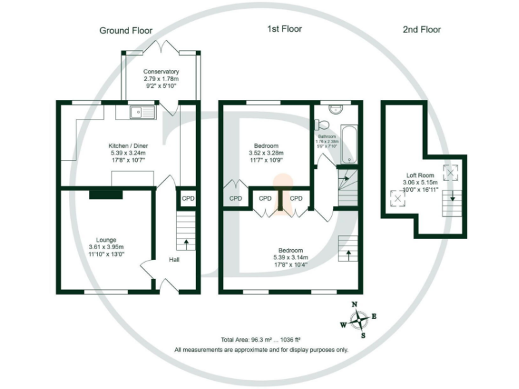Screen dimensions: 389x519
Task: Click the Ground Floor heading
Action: pos(126,30)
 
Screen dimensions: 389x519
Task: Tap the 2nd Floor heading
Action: pos(421,29)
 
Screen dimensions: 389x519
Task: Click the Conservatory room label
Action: pos(161,72)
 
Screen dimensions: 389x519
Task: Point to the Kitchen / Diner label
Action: pos(128,145)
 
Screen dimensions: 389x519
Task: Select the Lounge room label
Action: pos(105,240)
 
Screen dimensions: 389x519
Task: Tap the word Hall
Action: pos(174,259)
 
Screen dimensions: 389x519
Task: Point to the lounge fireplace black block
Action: pos(105,194)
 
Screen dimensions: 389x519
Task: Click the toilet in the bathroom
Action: pos(323,124)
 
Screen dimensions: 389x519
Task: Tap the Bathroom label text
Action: pos(327,136)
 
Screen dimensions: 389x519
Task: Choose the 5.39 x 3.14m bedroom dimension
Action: pos(291,257)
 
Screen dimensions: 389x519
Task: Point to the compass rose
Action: pos(362,319)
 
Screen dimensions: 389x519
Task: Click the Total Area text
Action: pos(260,340)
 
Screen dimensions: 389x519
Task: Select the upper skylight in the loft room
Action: pos(449,171)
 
